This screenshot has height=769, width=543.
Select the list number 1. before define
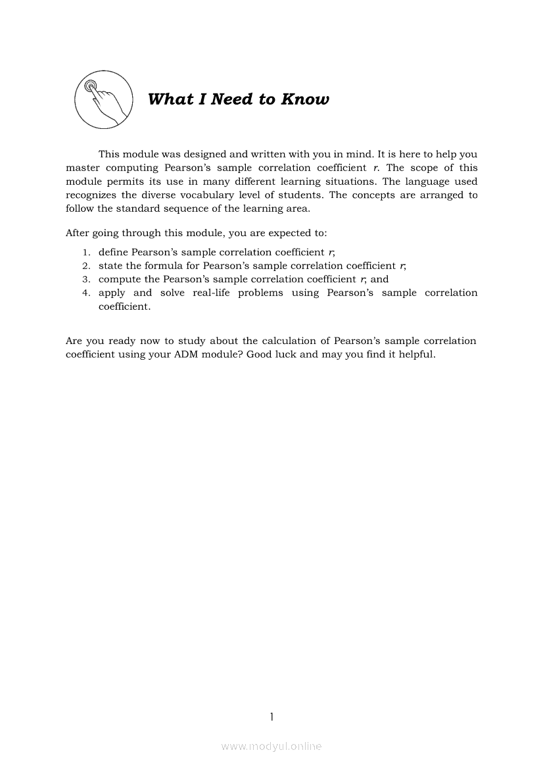tap(86, 253)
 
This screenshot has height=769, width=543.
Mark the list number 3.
tap(86, 280)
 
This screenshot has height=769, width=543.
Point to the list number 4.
tap(86, 293)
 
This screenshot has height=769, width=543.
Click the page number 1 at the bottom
tap(271, 716)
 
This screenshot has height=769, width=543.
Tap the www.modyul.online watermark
tap(271, 747)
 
